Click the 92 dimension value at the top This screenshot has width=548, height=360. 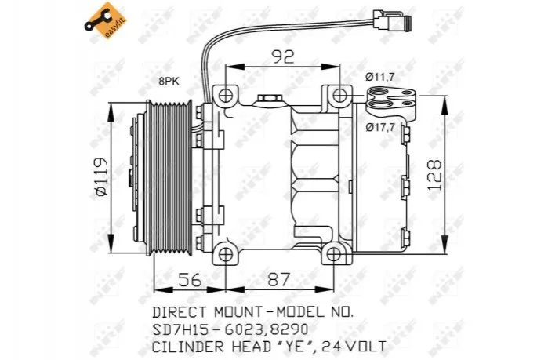(283, 57)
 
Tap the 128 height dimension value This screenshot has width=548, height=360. (434, 175)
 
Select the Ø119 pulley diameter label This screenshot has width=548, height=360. (100, 176)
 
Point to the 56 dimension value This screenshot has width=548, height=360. (191, 280)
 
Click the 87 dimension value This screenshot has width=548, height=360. (278, 280)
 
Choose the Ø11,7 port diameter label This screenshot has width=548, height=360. (379, 77)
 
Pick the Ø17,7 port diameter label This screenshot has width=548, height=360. (380, 127)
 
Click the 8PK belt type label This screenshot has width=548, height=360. (169, 82)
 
